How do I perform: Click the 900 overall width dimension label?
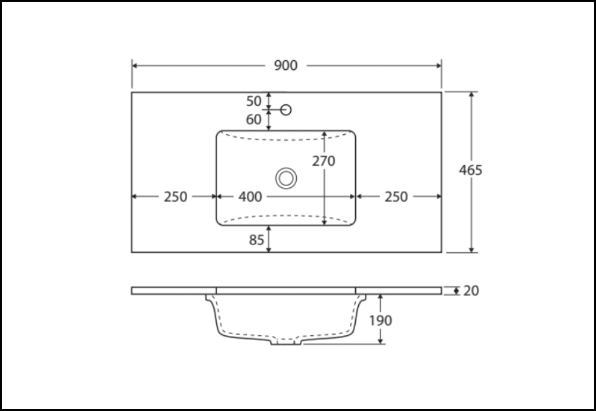click(x=285, y=66)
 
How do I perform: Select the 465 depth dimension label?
click(x=471, y=170)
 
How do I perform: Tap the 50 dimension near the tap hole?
click(x=253, y=101)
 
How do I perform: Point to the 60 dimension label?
click(x=253, y=119)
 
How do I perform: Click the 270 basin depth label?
click(x=324, y=161)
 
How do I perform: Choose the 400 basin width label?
click(x=250, y=197)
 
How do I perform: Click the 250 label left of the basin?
click(x=176, y=197)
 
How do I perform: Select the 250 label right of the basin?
click(x=396, y=197)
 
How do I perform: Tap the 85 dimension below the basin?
click(x=256, y=240)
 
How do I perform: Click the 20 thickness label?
click(x=471, y=291)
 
